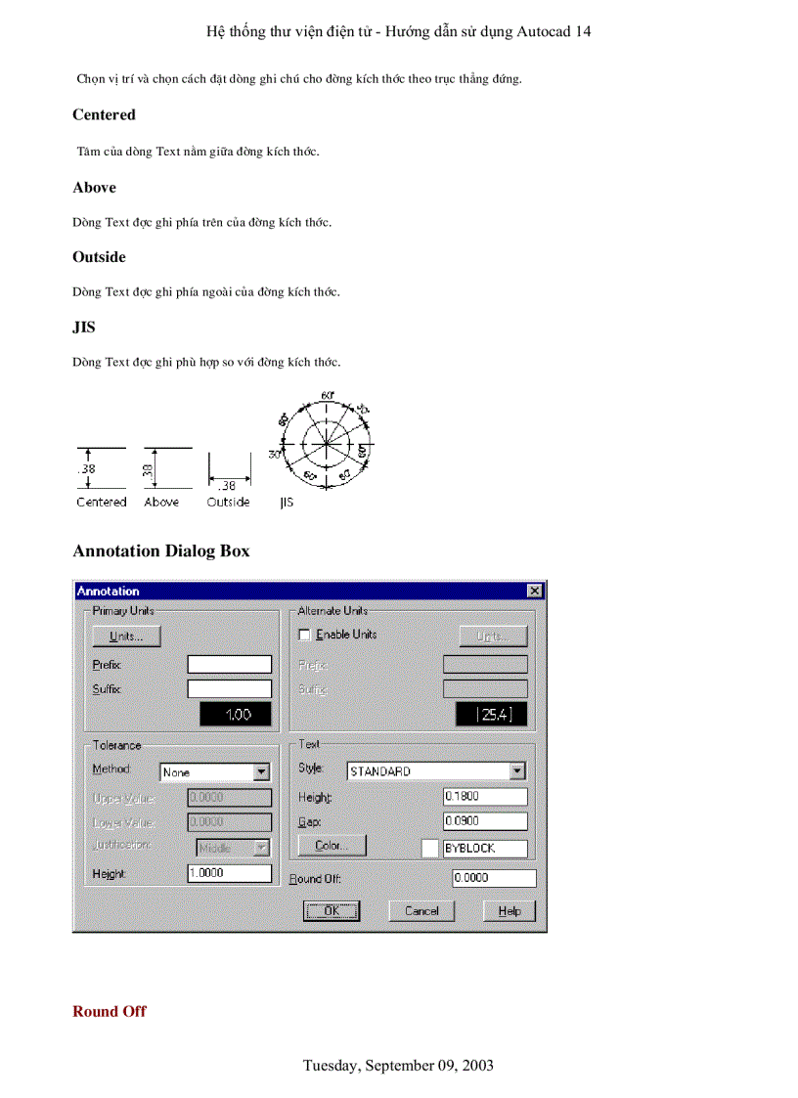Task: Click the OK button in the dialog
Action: (332, 910)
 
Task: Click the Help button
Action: (510, 910)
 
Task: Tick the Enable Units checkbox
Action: (304, 635)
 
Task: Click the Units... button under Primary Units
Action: (126, 637)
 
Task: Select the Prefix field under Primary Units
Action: (229, 665)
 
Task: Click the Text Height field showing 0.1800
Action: (484, 797)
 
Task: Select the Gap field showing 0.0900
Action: (484, 821)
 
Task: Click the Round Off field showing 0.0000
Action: (494, 878)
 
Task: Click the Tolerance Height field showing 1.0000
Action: (229, 873)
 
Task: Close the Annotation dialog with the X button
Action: (534, 591)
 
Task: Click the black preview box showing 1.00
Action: (235, 715)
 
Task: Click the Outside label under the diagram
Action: (228, 503)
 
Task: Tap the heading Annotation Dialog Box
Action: (160, 551)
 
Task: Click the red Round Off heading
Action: (110, 1011)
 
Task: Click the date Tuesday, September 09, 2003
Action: (398, 1065)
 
